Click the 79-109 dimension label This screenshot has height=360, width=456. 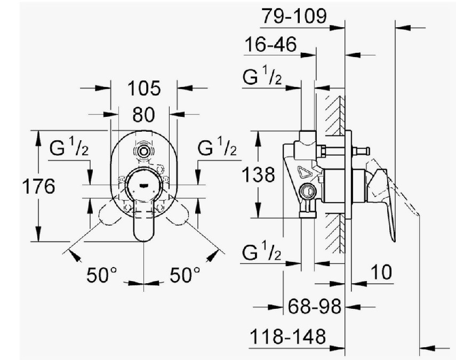coord(294,16)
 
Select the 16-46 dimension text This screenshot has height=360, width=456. coord(270,44)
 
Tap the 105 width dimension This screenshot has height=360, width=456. coord(144,89)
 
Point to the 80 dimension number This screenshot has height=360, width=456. coord(143,115)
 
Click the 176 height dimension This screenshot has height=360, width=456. coord(39,186)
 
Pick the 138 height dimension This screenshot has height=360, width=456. coord(258,175)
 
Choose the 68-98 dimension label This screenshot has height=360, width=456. coord(314,306)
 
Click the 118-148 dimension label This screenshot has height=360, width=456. coord(287,337)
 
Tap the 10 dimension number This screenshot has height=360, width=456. coord(381,273)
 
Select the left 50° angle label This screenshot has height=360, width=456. coord(101,275)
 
